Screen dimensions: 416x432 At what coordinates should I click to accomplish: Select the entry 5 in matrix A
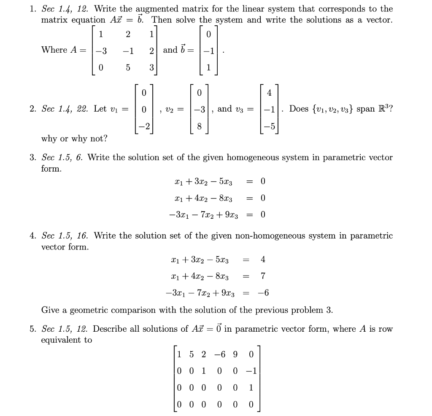(x=128, y=68)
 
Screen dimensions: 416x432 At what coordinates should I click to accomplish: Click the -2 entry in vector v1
(x=144, y=127)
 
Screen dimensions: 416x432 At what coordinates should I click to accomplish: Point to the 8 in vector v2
(x=200, y=127)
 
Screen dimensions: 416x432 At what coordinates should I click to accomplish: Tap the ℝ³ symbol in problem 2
(x=386, y=109)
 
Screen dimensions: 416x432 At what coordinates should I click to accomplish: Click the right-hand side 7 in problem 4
(x=263, y=276)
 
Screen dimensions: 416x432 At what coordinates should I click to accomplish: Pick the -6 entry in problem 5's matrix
(x=220, y=354)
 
